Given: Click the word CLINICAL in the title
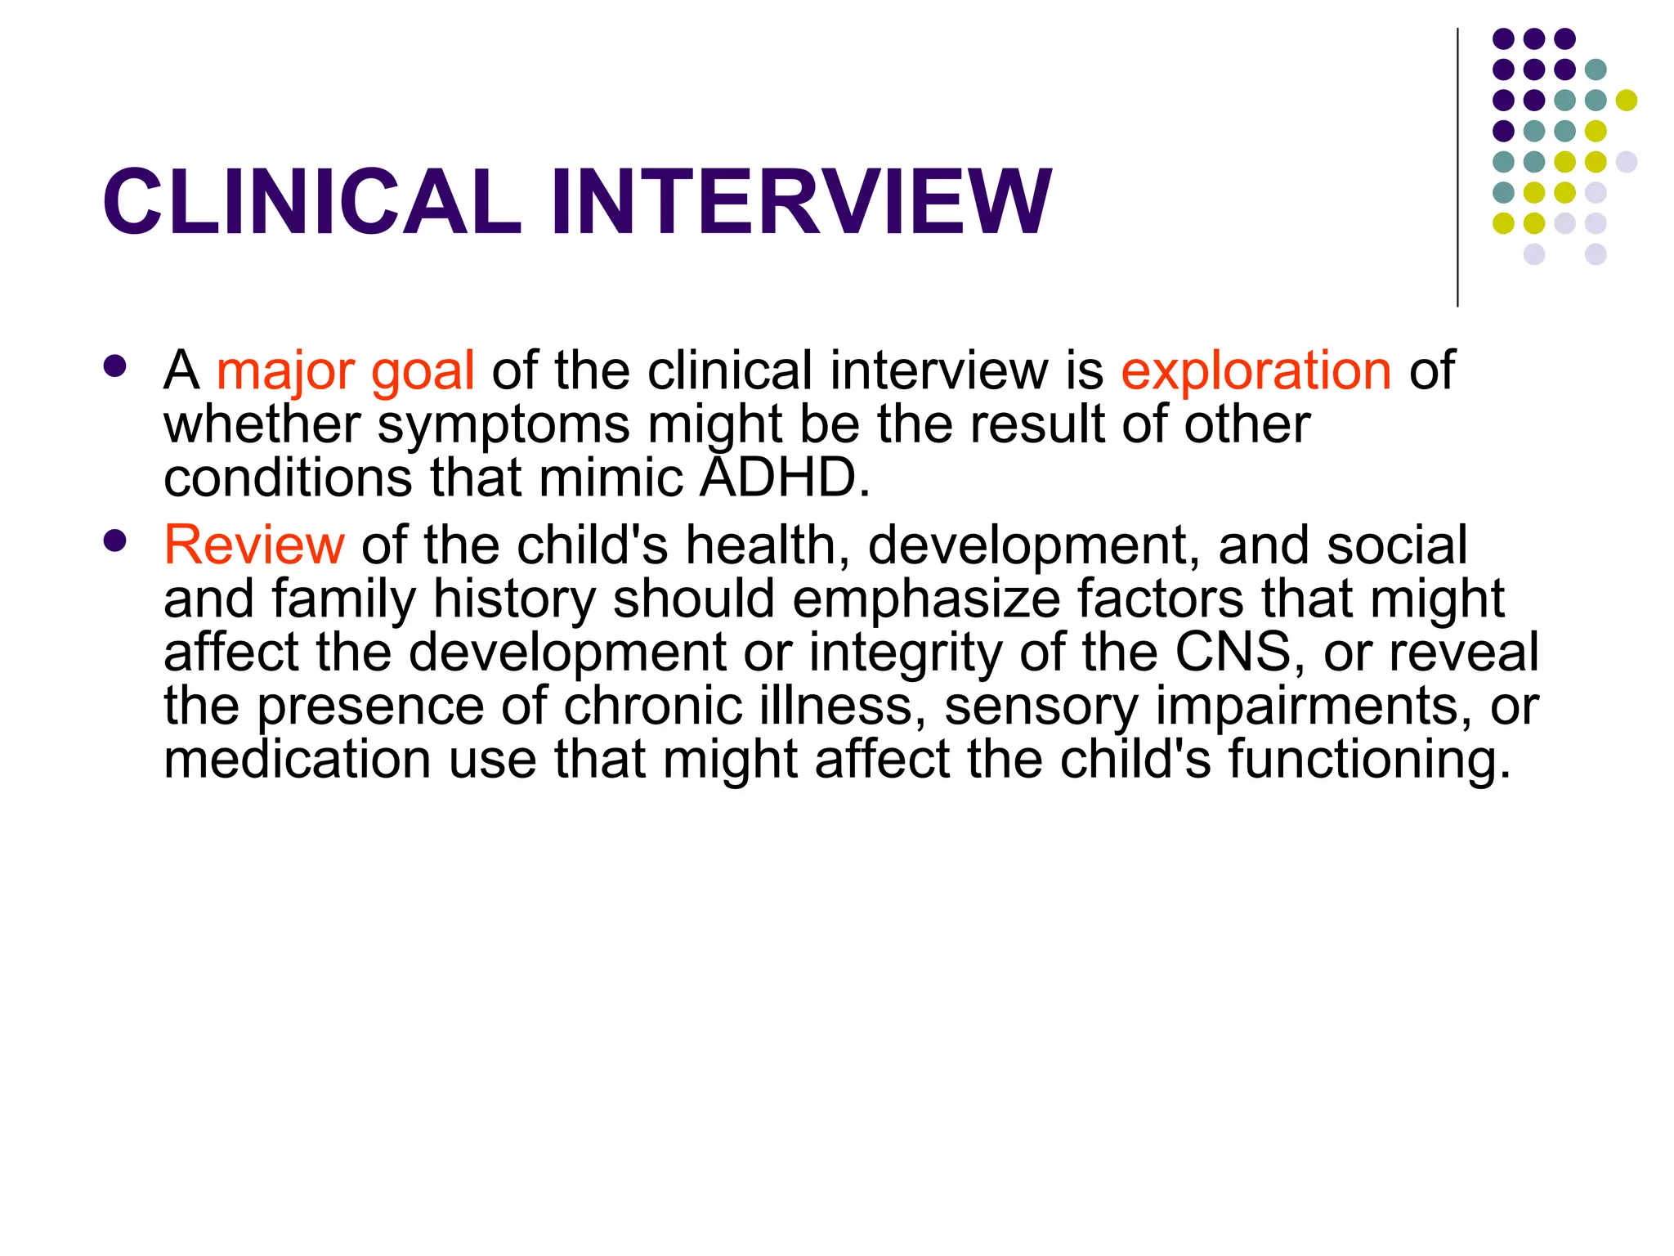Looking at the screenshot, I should (x=311, y=202).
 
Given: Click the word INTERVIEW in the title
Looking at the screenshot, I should (x=800, y=202).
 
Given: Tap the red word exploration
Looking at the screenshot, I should (x=1255, y=370).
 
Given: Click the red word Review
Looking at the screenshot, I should (x=254, y=545).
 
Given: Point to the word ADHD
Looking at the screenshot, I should (x=785, y=478).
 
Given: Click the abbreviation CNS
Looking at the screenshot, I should (x=1233, y=652).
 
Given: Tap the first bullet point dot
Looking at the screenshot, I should (x=115, y=366).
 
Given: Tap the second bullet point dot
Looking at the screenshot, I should (x=115, y=540).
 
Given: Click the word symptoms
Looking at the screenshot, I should (x=504, y=426).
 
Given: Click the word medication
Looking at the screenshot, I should (x=297, y=759).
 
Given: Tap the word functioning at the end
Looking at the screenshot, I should (x=1369, y=760).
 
